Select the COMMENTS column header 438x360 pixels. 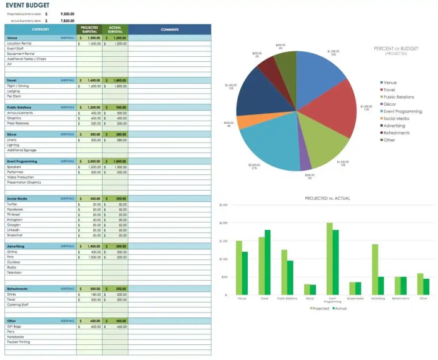pos(170,29)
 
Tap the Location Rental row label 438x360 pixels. pos(20,44)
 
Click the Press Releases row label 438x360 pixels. pos(18,123)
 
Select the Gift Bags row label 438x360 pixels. pos(14,326)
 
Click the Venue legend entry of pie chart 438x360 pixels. pos(390,82)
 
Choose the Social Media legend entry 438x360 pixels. pos(396,118)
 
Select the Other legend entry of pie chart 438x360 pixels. pos(389,140)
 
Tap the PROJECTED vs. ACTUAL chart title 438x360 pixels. pos(327,198)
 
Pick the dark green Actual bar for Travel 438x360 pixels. pos(268,262)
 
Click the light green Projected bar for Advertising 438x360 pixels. pos(375,269)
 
